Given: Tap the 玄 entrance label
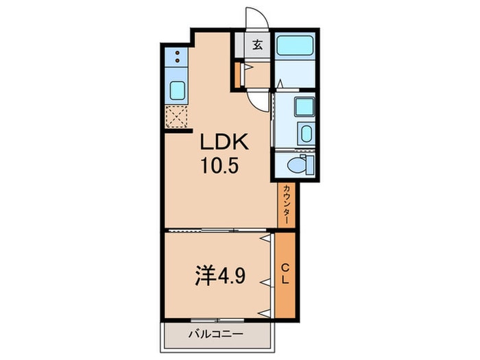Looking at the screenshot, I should coord(257,46).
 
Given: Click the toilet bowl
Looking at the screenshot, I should coord(296,165).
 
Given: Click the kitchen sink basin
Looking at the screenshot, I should coord(177,89).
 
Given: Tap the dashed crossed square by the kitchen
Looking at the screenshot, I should coord(177,117).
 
